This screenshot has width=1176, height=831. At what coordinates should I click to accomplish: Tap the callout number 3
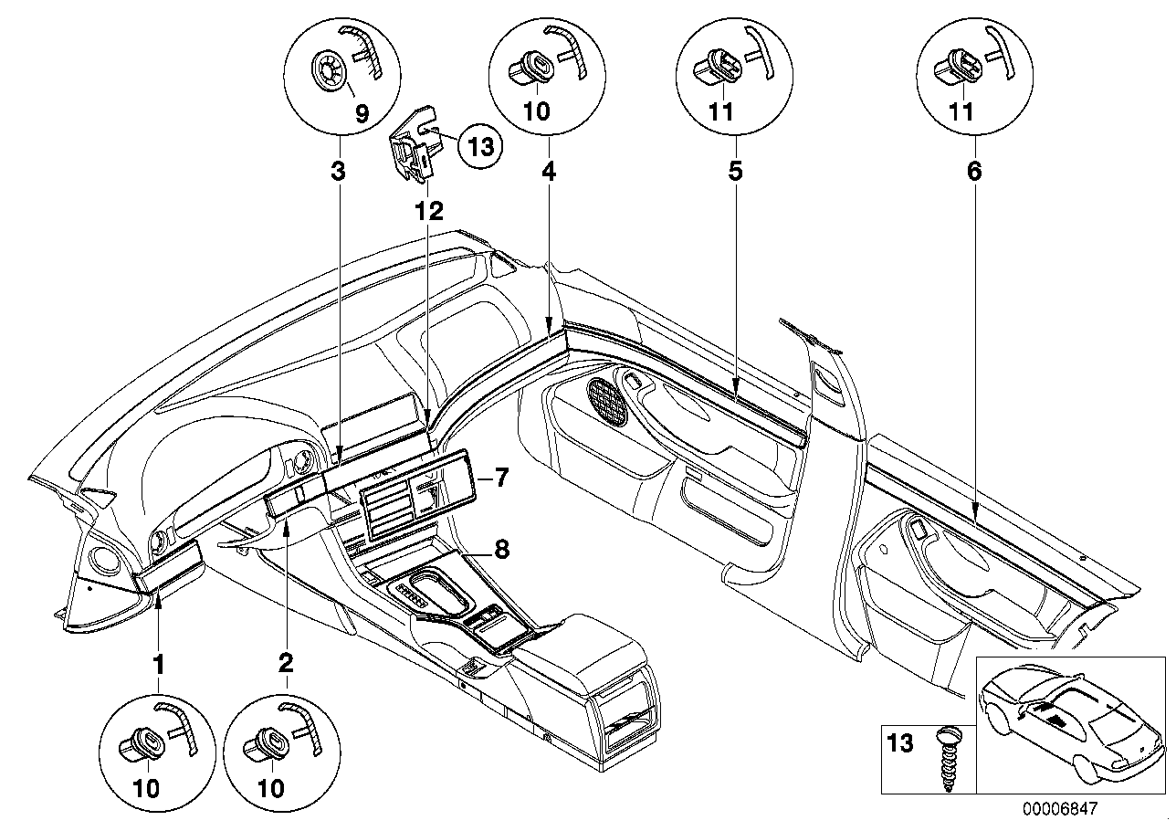[338, 171]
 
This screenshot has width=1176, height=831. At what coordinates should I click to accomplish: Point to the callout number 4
[550, 171]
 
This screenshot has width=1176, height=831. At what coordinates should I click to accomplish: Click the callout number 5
[735, 171]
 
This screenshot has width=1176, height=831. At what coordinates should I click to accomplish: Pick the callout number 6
[974, 171]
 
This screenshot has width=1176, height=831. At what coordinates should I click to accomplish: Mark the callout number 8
[502, 550]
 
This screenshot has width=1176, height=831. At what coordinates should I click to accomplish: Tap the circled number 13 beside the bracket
[480, 145]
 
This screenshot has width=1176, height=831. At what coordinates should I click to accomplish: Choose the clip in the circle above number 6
[956, 66]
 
